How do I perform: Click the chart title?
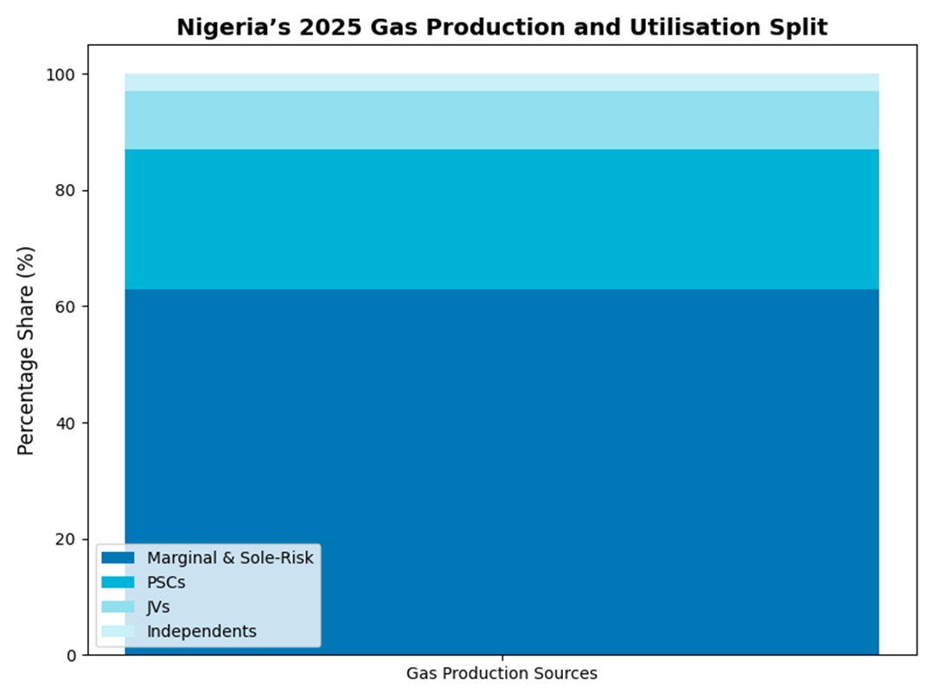(502, 28)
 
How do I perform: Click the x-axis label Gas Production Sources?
(502, 673)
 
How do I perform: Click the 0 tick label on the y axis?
(73, 655)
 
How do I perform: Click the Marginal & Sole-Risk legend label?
(230, 558)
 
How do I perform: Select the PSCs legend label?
(166, 582)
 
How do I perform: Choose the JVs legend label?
(158, 607)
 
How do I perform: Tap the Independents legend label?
(202, 632)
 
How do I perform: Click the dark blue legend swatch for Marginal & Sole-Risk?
(118, 558)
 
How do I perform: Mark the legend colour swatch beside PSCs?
(118, 582)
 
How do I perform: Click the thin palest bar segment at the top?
(502, 83)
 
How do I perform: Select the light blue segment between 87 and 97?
(502, 120)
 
